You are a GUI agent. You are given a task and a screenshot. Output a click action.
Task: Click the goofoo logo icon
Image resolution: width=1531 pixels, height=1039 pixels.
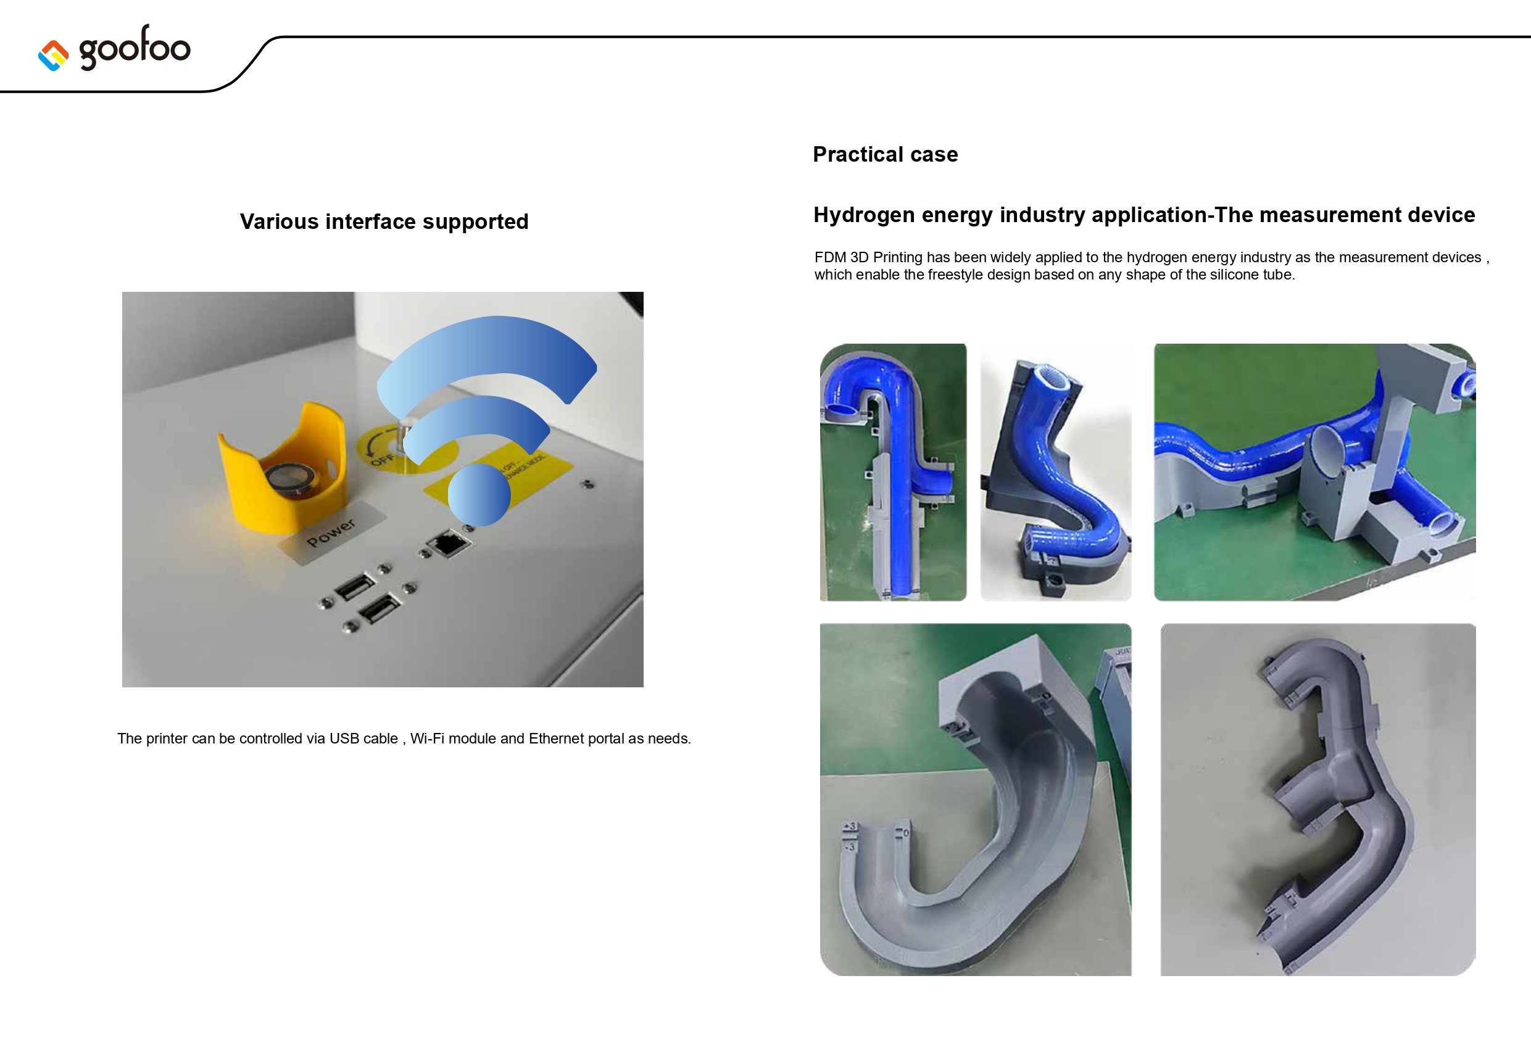53,56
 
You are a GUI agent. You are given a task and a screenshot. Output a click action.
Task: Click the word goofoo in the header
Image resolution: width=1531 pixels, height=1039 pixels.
135,48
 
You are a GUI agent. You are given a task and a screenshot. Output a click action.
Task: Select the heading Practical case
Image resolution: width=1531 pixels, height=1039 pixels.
886,154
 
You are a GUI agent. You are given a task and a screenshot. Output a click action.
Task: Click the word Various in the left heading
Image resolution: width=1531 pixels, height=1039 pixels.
280,221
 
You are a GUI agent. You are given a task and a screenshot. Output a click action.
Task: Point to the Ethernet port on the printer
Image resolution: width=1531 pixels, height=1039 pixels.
449,544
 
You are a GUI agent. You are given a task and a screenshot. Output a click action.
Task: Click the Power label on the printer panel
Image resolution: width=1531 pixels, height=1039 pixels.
331,533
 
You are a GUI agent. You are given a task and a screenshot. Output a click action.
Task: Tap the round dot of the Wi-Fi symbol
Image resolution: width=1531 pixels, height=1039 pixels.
479,494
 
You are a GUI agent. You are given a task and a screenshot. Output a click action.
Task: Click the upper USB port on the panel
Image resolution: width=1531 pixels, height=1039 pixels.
355,586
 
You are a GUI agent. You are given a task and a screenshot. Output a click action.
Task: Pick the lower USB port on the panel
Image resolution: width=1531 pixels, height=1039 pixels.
380,608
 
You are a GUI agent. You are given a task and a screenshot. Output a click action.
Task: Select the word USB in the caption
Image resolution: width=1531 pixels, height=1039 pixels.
344,739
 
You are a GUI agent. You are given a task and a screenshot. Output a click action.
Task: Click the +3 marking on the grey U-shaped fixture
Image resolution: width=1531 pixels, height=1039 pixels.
850,826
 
